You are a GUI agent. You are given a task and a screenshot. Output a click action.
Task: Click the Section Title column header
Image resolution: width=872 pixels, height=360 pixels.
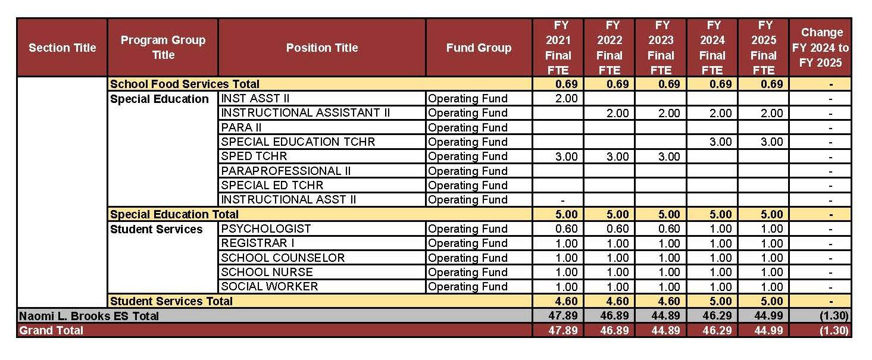point(62,48)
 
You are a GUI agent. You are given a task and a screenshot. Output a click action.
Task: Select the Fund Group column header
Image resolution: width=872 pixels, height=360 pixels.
point(479,48)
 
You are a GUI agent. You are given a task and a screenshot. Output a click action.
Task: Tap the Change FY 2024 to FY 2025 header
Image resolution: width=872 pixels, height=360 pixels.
point(821,48)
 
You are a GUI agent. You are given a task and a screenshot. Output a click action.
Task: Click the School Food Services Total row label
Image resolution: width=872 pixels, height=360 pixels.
point(185,84)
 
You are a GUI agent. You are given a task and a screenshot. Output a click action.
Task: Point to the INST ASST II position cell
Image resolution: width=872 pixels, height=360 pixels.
point(255,99)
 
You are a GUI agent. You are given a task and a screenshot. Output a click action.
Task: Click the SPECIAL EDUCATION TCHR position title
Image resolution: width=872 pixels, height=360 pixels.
point(298,142)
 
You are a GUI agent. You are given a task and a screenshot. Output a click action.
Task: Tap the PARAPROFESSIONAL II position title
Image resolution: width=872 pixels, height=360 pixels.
point(286,171)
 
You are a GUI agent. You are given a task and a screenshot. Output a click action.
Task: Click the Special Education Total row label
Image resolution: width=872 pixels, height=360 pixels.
point(174,214)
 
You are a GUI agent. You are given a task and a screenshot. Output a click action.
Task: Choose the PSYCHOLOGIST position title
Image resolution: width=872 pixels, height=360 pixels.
point(266,228)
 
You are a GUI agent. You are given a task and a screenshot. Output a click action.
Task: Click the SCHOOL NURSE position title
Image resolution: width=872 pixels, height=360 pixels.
point(267,272)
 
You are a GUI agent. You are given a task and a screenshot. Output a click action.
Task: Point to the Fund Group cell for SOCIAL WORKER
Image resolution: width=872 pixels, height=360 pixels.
point(468,286)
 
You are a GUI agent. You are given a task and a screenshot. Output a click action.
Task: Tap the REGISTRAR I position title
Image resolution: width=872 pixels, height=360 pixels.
point(258,243)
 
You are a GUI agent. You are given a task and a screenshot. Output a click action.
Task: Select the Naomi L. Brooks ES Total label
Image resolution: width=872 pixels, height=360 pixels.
point(89,316)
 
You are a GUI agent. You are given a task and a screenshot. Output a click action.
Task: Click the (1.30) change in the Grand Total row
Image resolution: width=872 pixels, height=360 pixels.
point(833,330)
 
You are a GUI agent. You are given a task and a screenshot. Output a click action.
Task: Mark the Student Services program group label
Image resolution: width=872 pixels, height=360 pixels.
point(157,229)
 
